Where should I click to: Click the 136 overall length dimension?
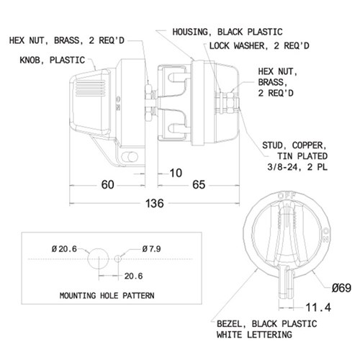(155, 203)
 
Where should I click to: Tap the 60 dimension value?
(107, 185)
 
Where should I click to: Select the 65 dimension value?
(199, 185)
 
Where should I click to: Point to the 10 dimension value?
(176, 173)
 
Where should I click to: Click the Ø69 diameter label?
(341, 288)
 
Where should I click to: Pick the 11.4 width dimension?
(318, 307)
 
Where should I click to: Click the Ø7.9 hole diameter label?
(151, 249)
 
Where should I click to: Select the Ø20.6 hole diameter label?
(64, 249)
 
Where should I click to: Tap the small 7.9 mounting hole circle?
(117, 258)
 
